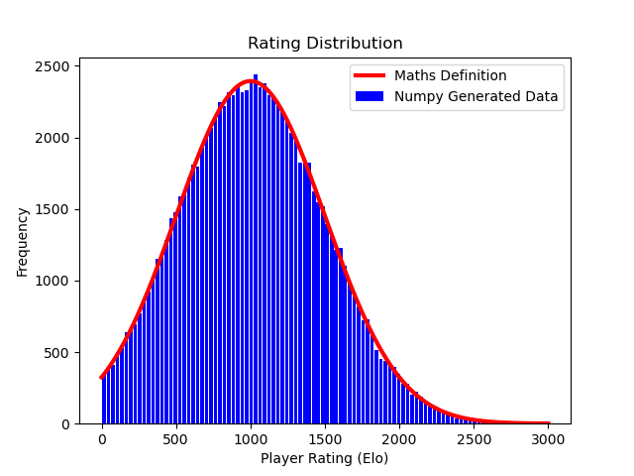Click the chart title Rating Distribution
(325, 43)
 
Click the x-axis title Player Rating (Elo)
(324, 458)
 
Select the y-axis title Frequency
(22, 242)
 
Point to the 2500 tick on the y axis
(53, 66)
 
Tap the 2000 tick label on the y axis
(53, 138)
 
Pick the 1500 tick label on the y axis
(53, 209)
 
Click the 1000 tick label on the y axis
(53, 282)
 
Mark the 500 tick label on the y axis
(56, 353)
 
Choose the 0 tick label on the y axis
(65, 424)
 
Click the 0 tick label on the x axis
(102, 439)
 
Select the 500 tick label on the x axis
(174, 439)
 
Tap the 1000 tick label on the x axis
(251, 439)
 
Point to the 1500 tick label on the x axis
(325, 439)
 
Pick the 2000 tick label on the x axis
(399, 439)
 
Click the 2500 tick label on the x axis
(474, 439)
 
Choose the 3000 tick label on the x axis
(548, 439)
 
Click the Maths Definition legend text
(451, 75)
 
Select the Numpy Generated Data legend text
(475, 96)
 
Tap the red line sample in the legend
(370, 75)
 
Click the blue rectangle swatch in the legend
(370, 96)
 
